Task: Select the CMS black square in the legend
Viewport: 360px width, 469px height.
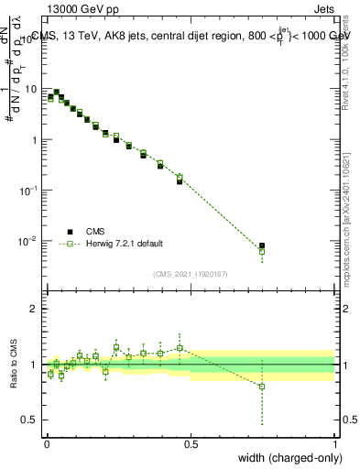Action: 70,231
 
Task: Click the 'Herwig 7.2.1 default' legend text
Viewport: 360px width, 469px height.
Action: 125,244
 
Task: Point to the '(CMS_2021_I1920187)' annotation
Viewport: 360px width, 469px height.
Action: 190,273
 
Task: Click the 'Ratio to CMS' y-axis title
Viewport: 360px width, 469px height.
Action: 13,365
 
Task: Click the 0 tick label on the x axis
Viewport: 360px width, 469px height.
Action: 47,442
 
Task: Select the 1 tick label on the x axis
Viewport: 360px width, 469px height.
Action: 335,442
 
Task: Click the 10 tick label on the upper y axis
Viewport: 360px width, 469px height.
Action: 33,90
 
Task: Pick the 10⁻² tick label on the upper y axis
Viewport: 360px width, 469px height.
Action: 30,241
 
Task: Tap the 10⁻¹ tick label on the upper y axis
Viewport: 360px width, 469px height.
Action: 30,191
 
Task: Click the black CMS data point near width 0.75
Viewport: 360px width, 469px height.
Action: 262,245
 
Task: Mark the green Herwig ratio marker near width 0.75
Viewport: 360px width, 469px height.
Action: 262,387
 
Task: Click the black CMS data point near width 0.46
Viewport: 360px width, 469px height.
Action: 180,181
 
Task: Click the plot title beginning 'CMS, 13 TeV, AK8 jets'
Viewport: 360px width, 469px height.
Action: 190,37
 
